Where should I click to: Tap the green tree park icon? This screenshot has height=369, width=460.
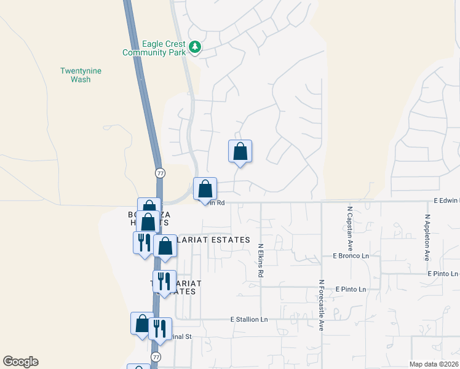tap(195, 47)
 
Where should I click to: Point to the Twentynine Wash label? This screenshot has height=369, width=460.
tap(81, 75)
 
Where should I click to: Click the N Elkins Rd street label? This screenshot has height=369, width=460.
tap(261, 260)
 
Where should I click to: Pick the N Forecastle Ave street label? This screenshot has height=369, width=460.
tap(321, 306)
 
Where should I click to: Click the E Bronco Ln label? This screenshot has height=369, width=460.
tap(351, 255)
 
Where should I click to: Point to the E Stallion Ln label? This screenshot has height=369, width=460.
tap(249, 320)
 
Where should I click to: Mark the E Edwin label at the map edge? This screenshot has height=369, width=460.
tap(446, 200)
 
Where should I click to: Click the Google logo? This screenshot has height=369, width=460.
tap(20, 362)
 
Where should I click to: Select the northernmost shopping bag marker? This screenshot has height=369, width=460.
tap(240, 151)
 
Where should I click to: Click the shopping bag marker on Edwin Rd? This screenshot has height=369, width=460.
tap(205, 189)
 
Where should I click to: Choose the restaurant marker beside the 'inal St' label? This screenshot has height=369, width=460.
tap(160, 328)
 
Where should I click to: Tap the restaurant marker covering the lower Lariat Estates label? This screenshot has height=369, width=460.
tap(164, 282)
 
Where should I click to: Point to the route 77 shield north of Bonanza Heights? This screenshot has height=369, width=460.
tap(159, 173)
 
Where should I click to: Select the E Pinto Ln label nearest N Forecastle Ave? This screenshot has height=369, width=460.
tap(351, 289)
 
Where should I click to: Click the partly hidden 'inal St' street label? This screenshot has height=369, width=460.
tap(182, 336)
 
